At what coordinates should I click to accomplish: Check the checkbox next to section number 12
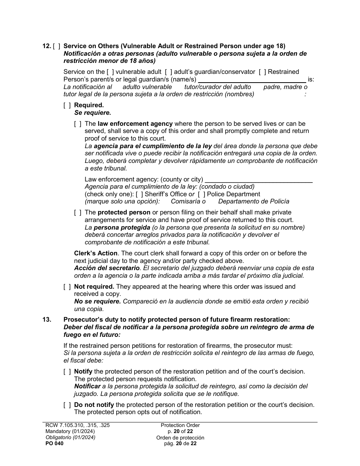(56, 46)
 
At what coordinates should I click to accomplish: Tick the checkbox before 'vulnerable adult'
(110, 72)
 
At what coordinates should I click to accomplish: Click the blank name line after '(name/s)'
(252, 80)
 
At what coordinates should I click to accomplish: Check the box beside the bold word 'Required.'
(67, 105)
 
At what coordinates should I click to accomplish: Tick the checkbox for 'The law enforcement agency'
(78, 124)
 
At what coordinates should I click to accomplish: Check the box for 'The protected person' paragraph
(78, 213)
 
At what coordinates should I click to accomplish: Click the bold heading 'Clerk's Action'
(95, 253)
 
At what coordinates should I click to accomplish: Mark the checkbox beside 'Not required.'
(67, 287)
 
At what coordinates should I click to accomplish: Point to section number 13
(47, 320)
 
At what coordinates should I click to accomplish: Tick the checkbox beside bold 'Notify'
(67, 372)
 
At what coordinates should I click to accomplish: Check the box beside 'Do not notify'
(67, 405)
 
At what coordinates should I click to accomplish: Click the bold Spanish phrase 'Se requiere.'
(92, 113)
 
